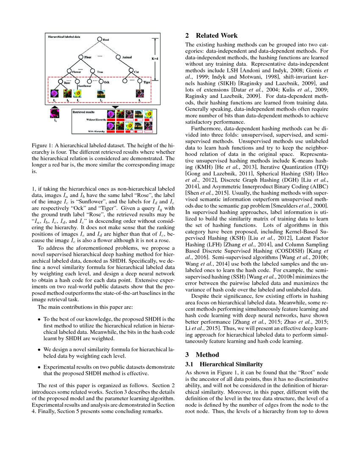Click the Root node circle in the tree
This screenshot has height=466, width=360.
coord(100,40)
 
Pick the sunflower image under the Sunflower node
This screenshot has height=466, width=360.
coord(78,94)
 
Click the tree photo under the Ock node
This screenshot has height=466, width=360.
coord(100,94)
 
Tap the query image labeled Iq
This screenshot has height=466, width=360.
coord(54,114)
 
